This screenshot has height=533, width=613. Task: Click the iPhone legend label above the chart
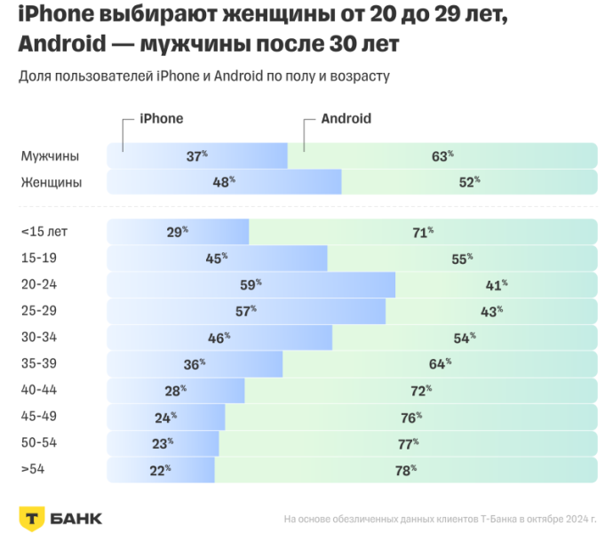(162, 119)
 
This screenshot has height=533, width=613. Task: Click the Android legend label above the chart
(346, 119)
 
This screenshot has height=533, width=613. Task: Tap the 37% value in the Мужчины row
(196, 156)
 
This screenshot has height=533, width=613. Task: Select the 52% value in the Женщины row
(468, 182)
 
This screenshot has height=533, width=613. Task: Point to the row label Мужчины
(50, 156)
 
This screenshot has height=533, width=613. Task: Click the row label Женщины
(52, 182)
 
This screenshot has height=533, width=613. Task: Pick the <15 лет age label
(44, 232)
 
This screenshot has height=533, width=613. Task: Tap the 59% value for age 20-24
(250, 285)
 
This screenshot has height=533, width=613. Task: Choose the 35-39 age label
(38, 364)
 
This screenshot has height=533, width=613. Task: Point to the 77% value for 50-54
(408, 443)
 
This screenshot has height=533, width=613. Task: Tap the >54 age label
(33, 470)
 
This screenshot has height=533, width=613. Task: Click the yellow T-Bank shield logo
(34, 518)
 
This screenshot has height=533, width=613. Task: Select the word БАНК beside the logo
(77, 518)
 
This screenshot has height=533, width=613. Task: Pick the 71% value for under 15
(423, 232)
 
